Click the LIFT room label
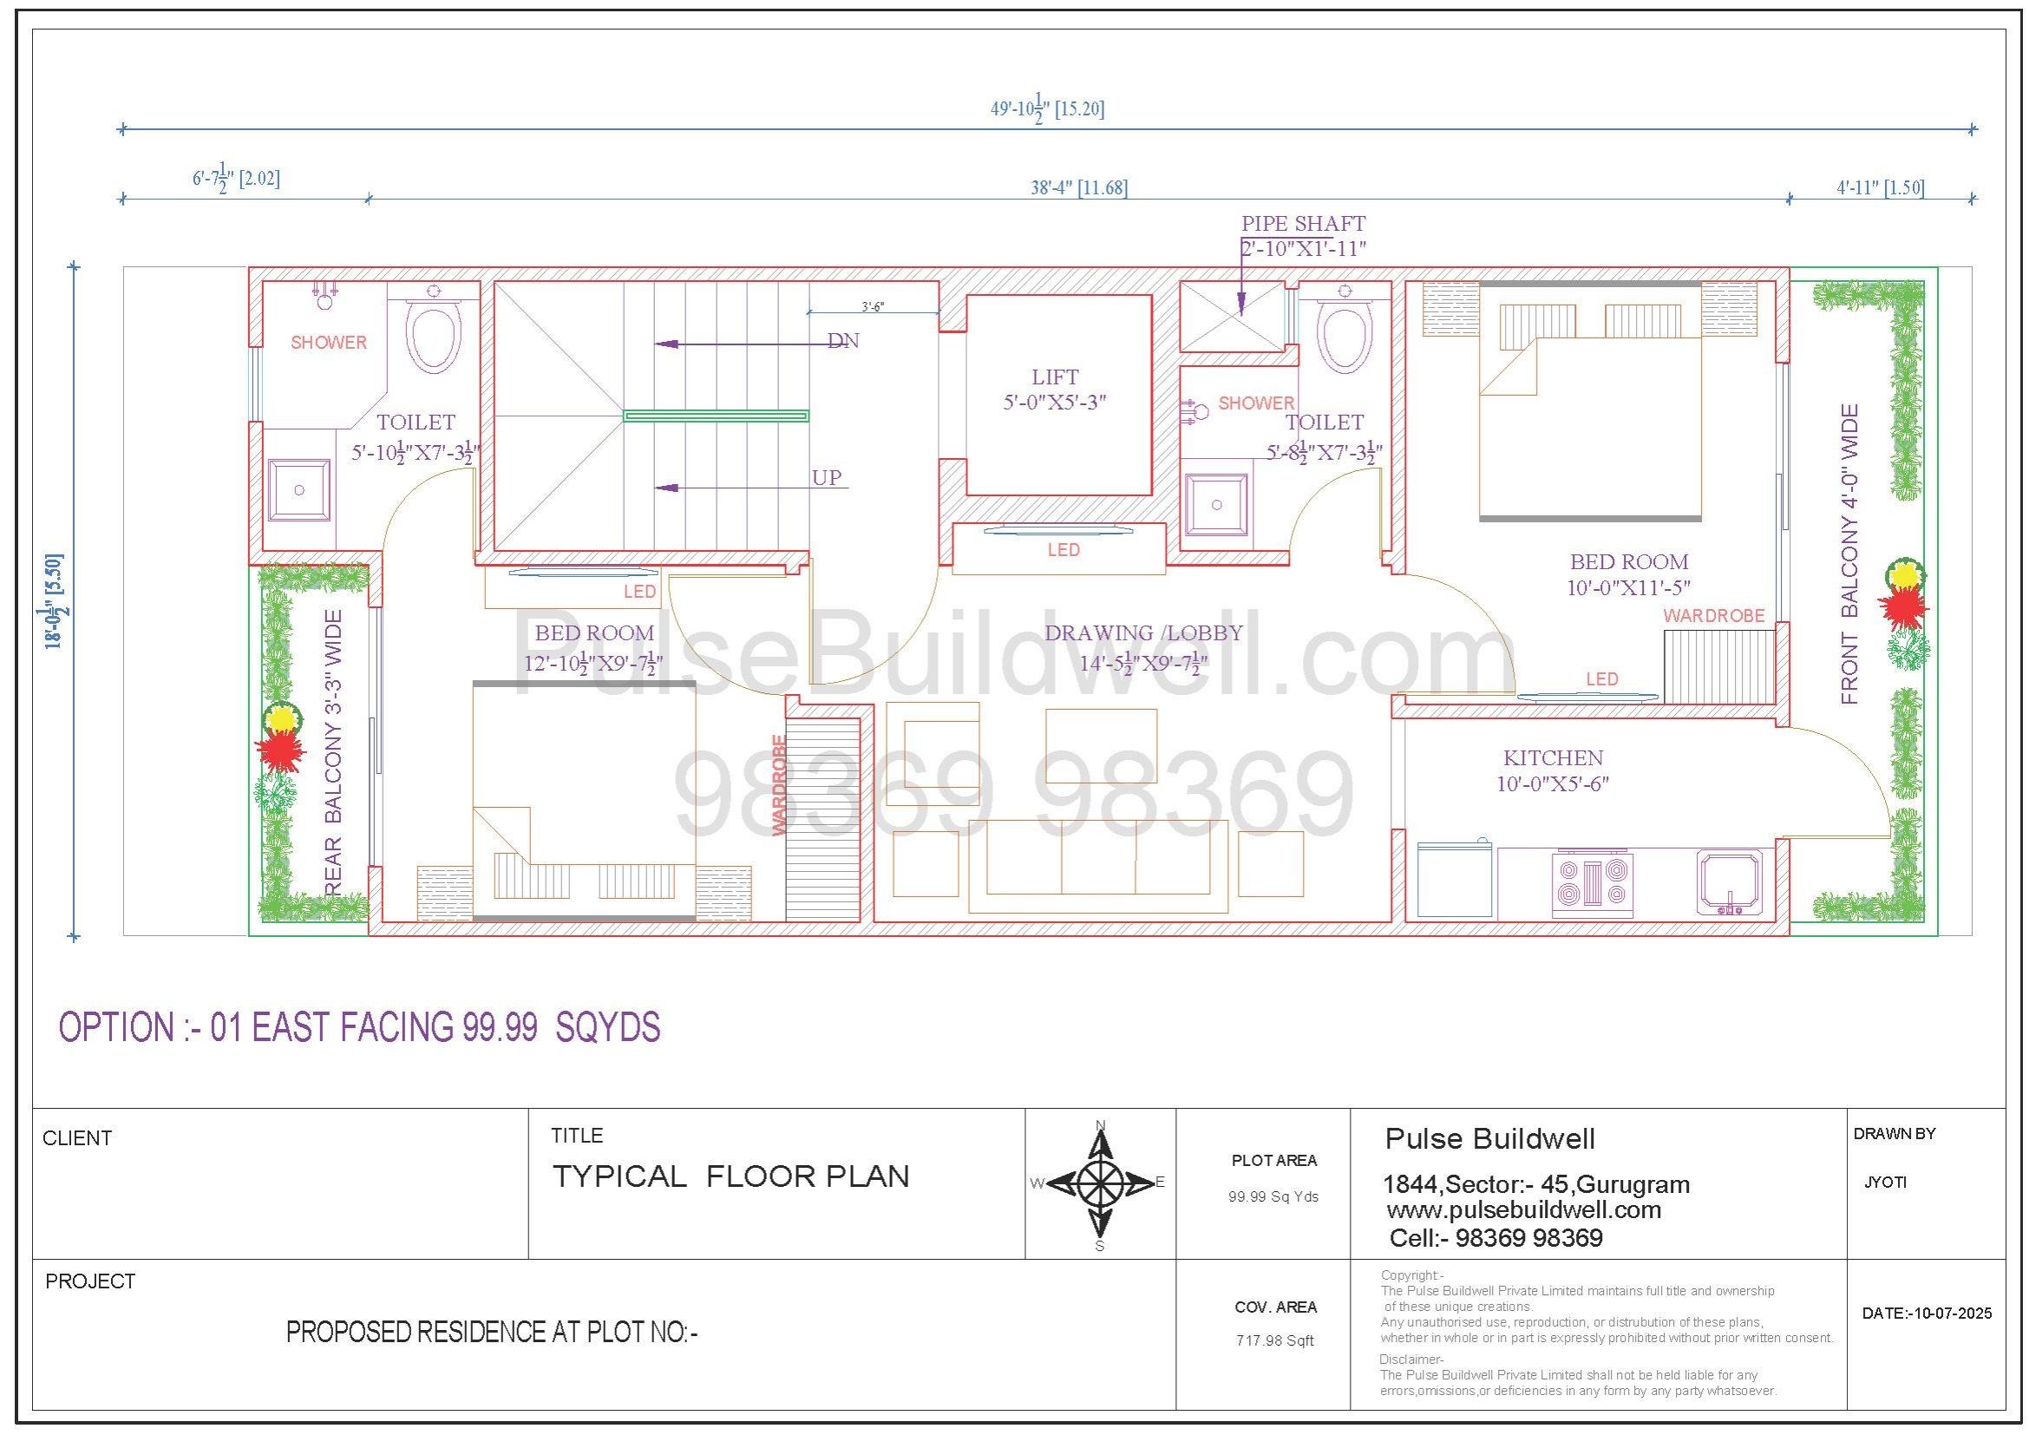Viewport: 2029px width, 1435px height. (1055, 377)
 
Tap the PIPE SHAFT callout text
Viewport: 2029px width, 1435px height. (1304, 224)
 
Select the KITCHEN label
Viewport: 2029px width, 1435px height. (1553, 757)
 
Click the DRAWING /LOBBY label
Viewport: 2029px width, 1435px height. (1143, 632)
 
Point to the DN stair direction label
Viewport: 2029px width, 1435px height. (843, 341)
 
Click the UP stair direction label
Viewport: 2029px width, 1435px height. (827, 478)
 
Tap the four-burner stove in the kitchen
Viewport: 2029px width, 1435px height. (1593, 882)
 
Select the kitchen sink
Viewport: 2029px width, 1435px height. (1730, 881)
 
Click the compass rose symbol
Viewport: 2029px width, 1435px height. (1100, 1183)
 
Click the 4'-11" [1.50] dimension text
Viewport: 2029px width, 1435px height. (1881, 187)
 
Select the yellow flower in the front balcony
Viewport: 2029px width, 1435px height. (1905, 575)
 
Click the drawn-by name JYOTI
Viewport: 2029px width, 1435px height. (1885, 1183)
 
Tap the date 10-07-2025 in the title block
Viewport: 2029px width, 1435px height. (1950, 1313)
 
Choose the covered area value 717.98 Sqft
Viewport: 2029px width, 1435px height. (1275, 1340)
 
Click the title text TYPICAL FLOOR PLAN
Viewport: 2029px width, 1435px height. (730, 1176)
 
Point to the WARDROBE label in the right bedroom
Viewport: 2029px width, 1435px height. (1713, 616)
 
